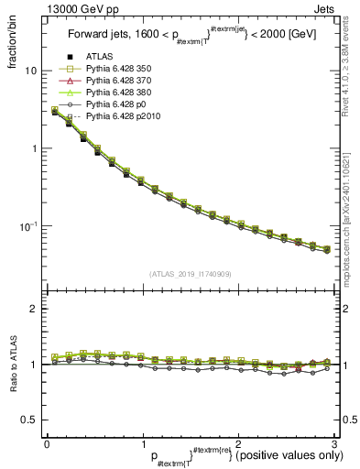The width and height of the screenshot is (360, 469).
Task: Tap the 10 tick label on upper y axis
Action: pos(30,71)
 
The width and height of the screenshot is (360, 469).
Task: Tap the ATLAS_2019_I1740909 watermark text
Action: pos(190,272)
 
